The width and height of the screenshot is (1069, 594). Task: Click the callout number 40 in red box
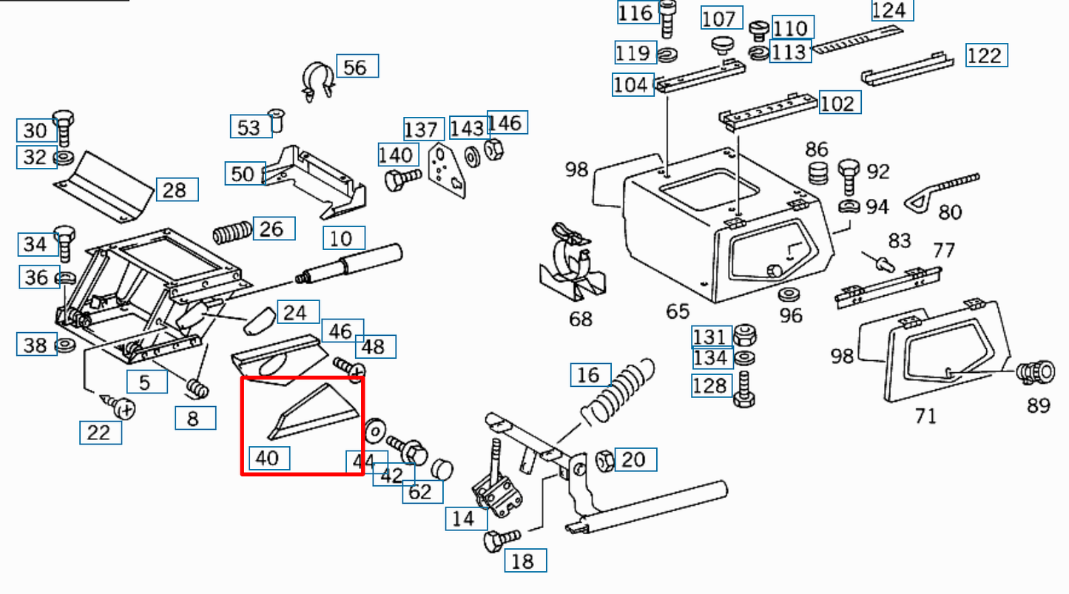[267, 459]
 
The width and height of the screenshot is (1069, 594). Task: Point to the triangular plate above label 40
[314, 412]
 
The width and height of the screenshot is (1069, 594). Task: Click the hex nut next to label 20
[604, 460]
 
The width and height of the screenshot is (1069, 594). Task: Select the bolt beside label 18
[500, 540]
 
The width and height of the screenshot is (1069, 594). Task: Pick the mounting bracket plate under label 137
[448, 169]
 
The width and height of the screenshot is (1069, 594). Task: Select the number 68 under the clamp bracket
[581, 320]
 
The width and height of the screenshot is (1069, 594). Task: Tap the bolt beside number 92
[849, 175]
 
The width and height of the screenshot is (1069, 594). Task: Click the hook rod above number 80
[948, 188]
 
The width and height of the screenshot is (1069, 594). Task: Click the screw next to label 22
[121, 405]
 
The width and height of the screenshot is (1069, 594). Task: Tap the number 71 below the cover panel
[925, 416]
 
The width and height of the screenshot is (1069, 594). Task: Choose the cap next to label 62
[442, 469]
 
